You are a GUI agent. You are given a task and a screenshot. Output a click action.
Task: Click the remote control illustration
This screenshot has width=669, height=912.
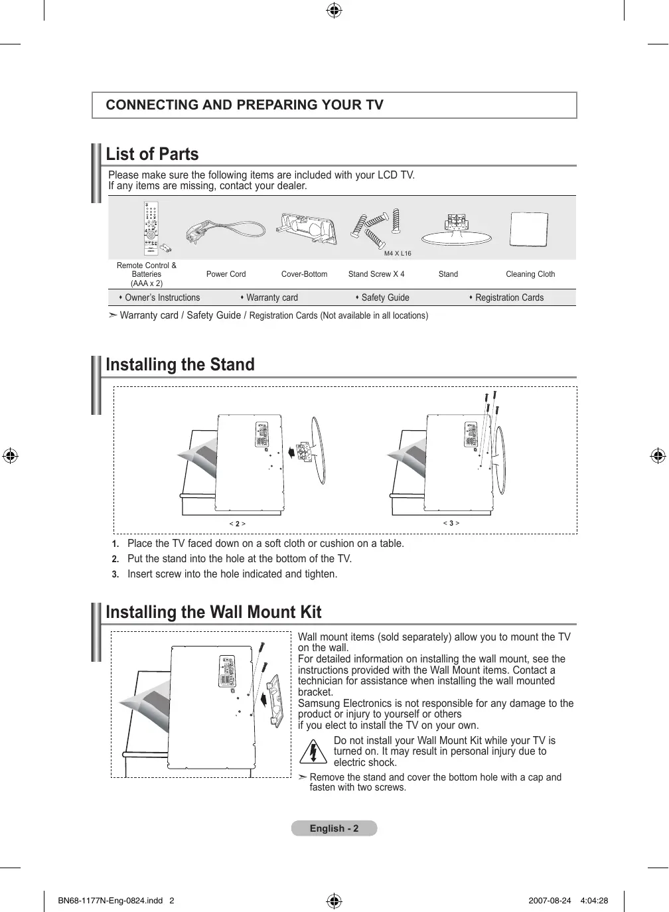pos(151,228)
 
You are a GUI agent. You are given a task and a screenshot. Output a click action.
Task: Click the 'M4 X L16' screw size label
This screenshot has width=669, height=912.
pos(398,254)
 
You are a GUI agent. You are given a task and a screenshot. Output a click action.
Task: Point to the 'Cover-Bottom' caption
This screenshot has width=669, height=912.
pos(304,274)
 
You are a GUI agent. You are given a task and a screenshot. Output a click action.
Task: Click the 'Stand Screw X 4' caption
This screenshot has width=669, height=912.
pos(376,274)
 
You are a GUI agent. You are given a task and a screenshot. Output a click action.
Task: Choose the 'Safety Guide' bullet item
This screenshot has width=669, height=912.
pos(385,298)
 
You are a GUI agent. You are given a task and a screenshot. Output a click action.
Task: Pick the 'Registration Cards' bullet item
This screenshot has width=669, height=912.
pos(509,298)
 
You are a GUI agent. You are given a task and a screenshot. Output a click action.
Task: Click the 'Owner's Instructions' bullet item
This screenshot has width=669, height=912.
pos(162,298)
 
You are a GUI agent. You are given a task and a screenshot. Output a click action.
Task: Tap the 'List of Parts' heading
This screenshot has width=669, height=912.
pos(153,155)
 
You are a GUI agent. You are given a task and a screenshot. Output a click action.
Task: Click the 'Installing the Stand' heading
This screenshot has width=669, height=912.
pos(181,365)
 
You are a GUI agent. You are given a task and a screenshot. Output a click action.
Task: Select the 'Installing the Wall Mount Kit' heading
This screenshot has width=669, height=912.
pos(214,612)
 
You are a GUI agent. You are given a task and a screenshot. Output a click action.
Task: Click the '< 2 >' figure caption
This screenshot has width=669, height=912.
pos(238,524)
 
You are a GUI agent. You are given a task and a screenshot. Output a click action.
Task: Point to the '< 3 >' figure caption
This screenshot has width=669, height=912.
pos(451,523)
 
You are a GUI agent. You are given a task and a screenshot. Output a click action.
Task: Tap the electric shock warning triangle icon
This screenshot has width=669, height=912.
pos(313,751)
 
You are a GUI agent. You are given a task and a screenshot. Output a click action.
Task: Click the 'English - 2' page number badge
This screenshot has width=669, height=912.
pos(334,828)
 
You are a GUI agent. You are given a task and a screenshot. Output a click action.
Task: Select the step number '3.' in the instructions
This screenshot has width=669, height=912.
pos(115,575)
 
